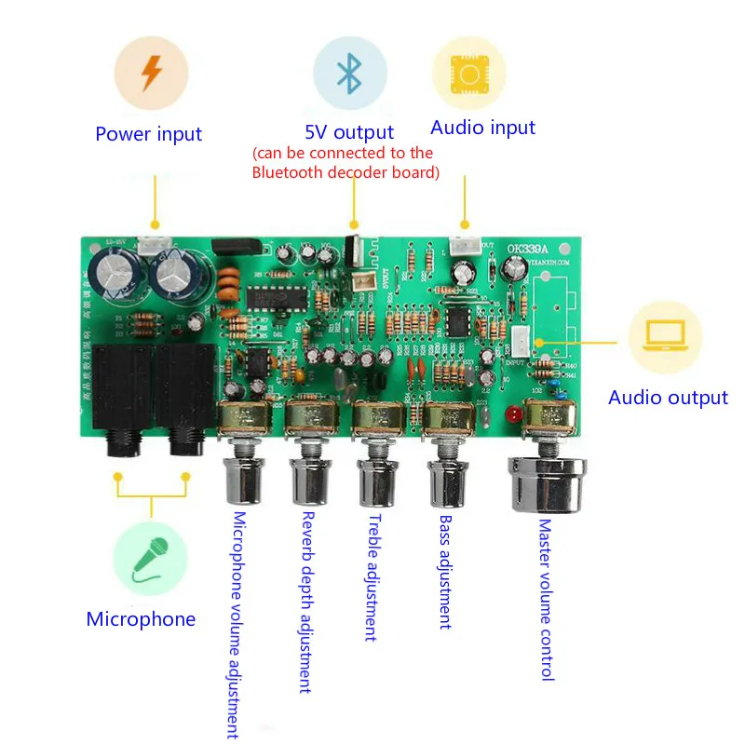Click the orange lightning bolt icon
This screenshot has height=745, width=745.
(150, 74)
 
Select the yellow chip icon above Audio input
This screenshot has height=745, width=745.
(468, 74)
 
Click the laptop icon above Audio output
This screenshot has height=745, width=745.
(667, 335)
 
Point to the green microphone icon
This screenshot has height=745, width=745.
(149, 558)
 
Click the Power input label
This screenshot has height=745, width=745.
(149, 134)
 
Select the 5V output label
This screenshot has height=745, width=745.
(349, 132)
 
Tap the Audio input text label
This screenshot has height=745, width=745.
(483, 128)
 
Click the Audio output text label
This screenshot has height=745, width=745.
(668, 398)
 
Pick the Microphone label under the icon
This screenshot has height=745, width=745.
(142, 619)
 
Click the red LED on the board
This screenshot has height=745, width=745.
(510, 413)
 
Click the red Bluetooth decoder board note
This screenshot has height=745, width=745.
(344, 163)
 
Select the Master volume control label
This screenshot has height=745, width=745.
(547, 600)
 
